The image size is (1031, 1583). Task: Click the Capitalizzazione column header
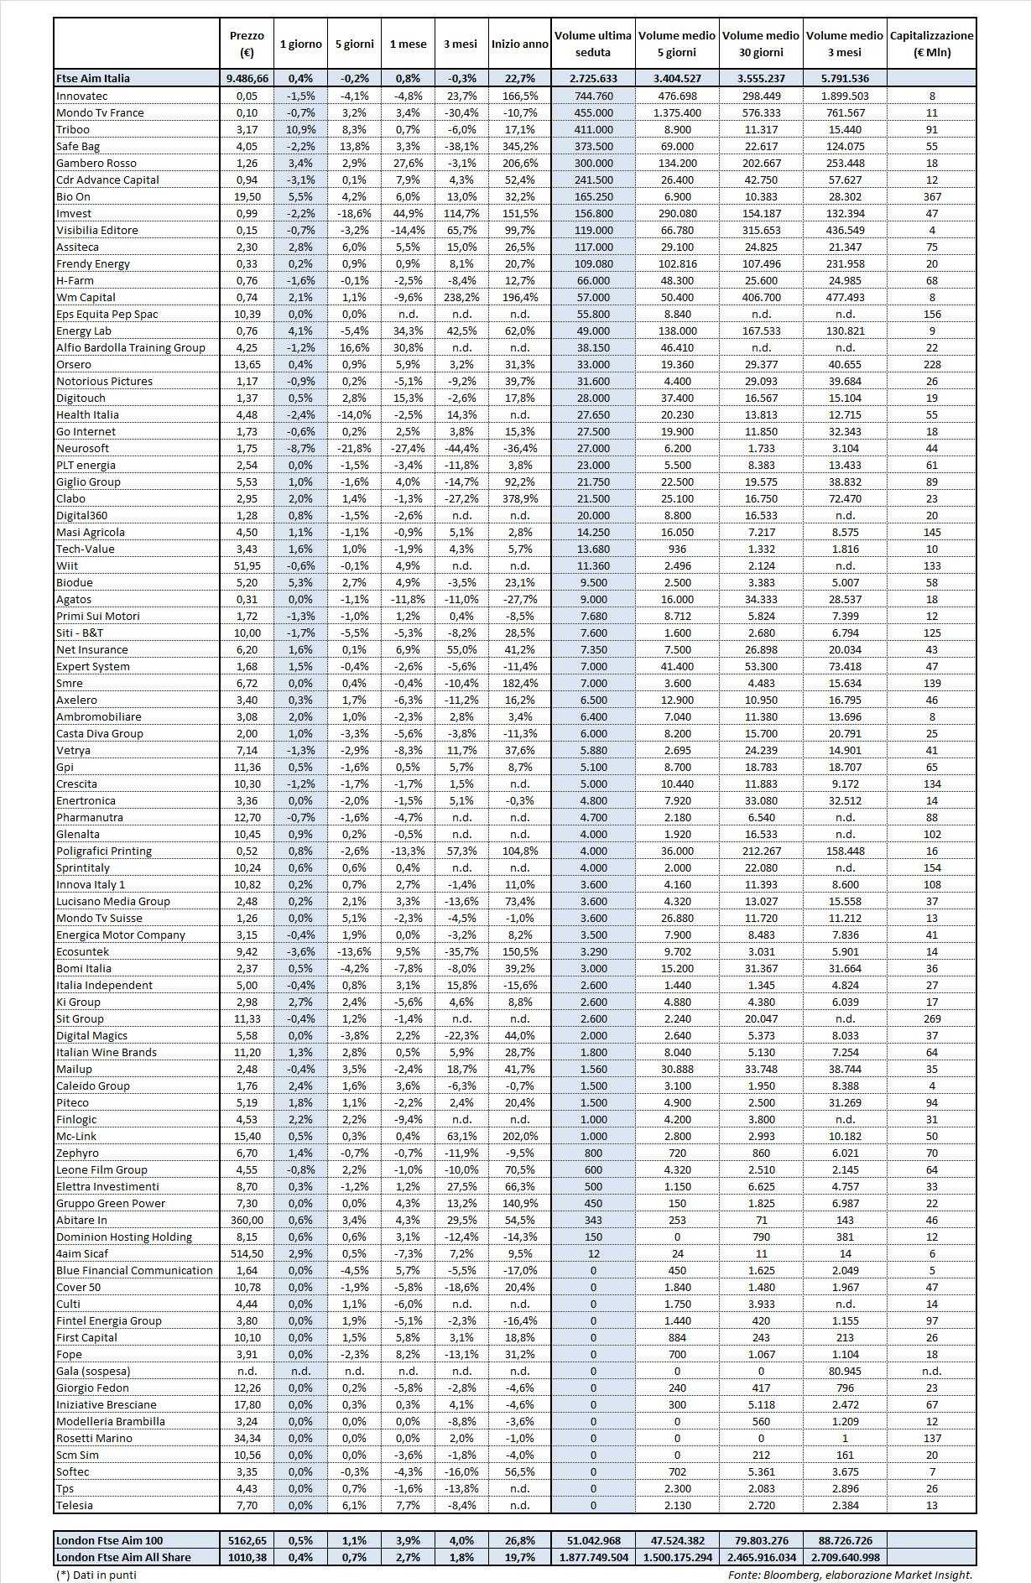point(931,44)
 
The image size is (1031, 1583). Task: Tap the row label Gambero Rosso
point(96,163)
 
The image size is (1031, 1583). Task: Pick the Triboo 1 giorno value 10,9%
point(300,129)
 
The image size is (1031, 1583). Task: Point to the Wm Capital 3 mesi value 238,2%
point(460,297)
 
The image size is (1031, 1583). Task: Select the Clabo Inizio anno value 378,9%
point(520,498)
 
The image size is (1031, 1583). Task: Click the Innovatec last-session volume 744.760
point(593,96)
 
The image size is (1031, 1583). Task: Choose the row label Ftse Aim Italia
point(93,78)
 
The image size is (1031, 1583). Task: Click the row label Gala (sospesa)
point(93,1371)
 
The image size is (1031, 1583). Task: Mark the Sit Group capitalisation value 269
point(931,1018)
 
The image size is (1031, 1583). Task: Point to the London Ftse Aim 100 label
point(109,1540)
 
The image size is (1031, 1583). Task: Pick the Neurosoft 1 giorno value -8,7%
point(300,448)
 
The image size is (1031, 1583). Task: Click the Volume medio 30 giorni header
point(761,44)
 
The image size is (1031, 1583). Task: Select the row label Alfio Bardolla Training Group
point(131,347)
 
